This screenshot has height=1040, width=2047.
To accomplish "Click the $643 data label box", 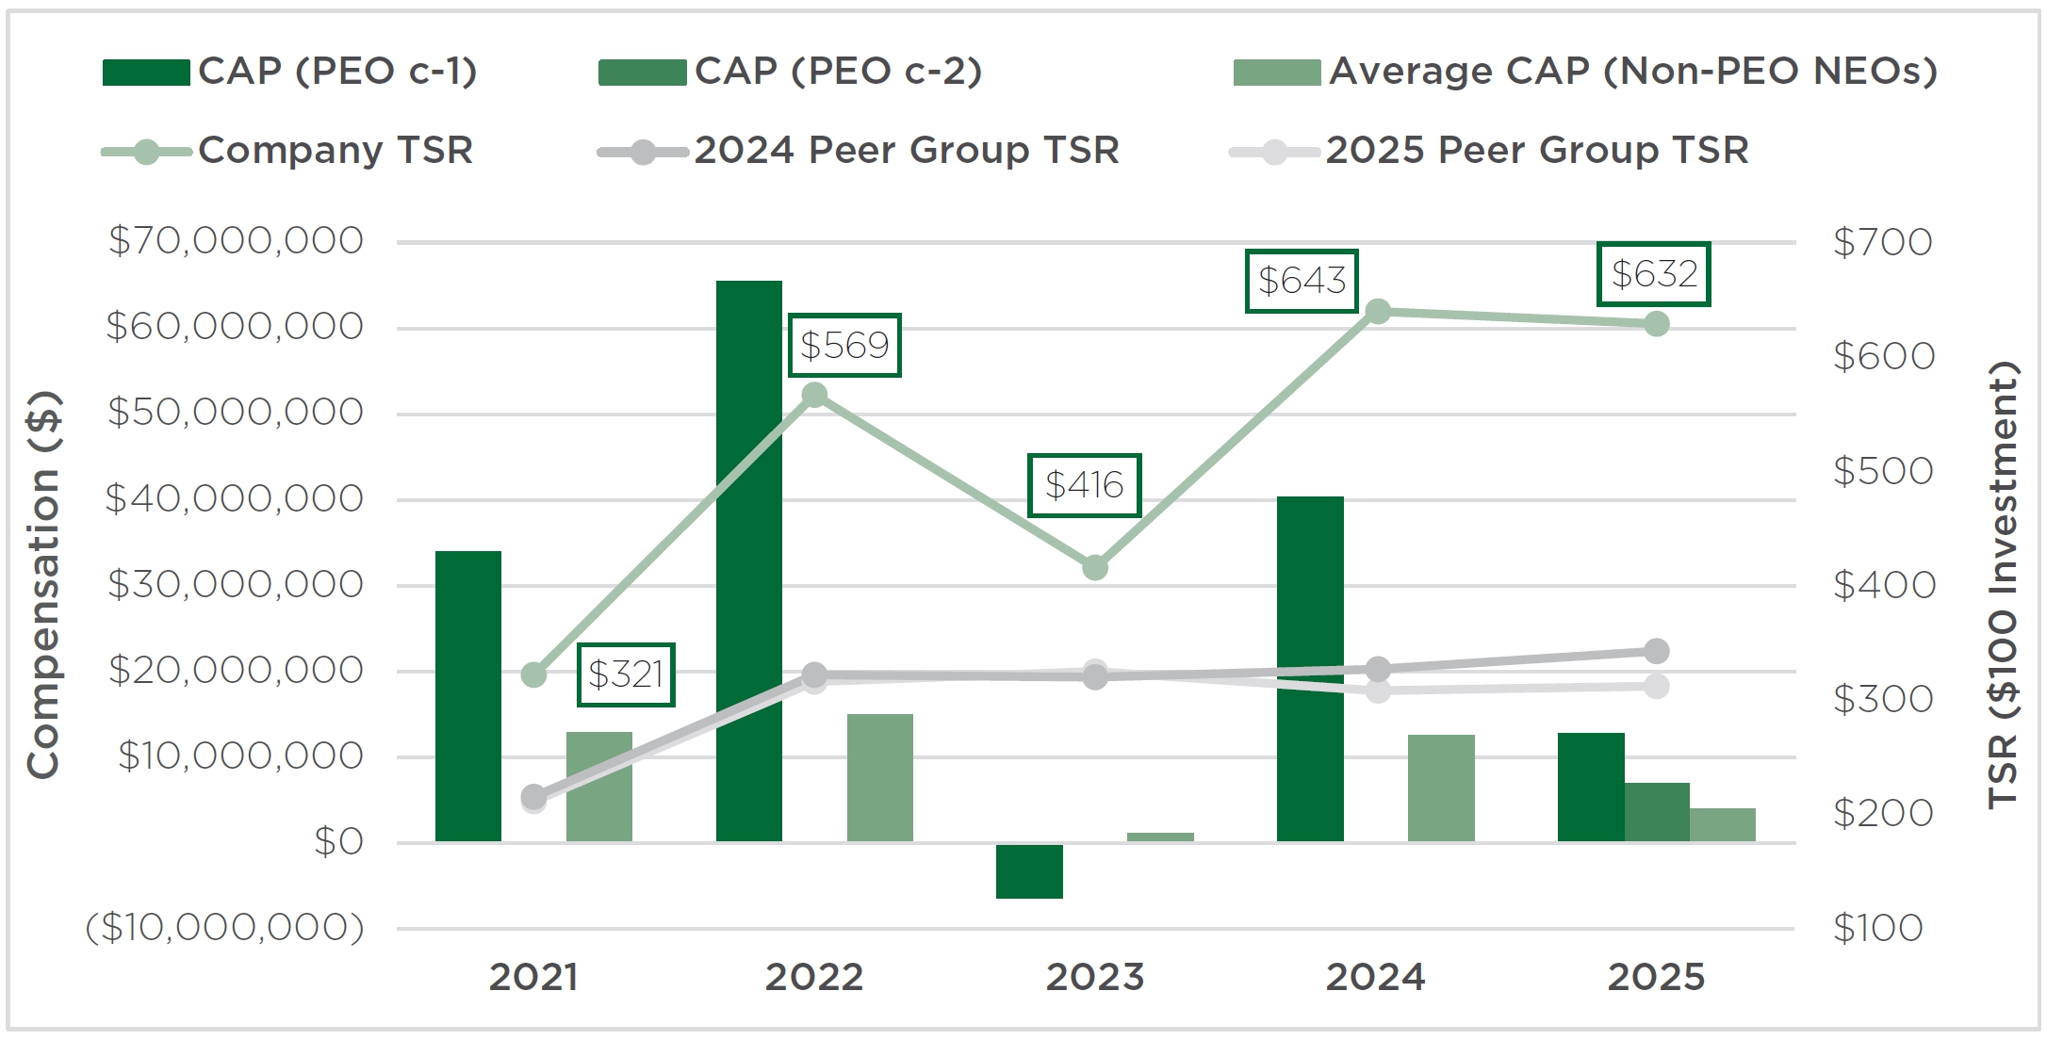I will (x=1301, y=281).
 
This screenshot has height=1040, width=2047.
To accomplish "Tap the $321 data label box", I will (x=626, y=674).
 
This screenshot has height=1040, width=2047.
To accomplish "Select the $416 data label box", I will (x=1084, y=485).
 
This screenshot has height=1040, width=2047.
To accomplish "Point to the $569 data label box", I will (x=844, y=345).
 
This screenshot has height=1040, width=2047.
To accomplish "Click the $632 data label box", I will (x=1653, y=274).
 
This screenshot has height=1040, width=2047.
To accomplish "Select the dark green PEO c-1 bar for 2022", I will (x=748, y=561).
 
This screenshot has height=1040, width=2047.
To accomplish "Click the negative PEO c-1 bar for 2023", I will (x=1029, y=870).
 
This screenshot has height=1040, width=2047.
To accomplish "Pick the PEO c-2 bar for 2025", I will (x=1657, y=812).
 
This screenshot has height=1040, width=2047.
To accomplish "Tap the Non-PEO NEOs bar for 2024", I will (x=1441, y=788).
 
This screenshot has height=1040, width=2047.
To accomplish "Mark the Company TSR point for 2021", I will (x=533, y=674).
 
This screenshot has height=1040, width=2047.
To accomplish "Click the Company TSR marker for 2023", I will (x=1094, y=568).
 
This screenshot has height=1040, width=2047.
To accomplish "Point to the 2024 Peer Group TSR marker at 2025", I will (x=1656, y=651).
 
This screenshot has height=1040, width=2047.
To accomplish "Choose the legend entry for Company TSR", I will (x=287, y=151).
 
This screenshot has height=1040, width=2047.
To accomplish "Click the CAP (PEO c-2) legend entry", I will (x=790, y=72).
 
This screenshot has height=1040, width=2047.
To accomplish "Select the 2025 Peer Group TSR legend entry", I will (x=1489, y=151).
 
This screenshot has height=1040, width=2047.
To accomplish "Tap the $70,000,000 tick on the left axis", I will (x=236, y=242).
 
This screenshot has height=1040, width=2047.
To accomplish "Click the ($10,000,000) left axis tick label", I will (x=225, y=928).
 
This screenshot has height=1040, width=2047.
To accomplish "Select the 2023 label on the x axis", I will (x=1094, y=978).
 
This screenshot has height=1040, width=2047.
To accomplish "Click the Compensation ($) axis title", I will (x=43, y=584).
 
